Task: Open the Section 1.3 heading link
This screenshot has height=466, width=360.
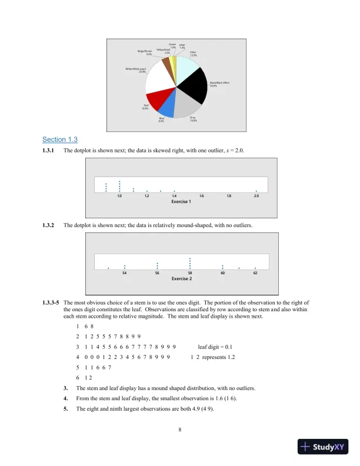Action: pyautogui.click(x=60, y=139)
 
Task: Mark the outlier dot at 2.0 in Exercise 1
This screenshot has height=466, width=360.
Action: pyautogui.click(x=256, y=191)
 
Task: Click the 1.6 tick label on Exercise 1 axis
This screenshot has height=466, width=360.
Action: pyautogui.click(x=202, y=195)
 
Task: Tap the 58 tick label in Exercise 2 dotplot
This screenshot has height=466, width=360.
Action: pyautogui.click(x=190, y=273)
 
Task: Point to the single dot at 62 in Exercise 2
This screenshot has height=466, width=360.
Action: pyautogui.click(x=255, y=268)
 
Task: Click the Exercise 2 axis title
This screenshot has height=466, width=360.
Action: pyautogui.click(x=181, y=279)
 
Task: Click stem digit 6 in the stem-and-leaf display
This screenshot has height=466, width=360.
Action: pyautogui.click(x=77, y=378)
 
